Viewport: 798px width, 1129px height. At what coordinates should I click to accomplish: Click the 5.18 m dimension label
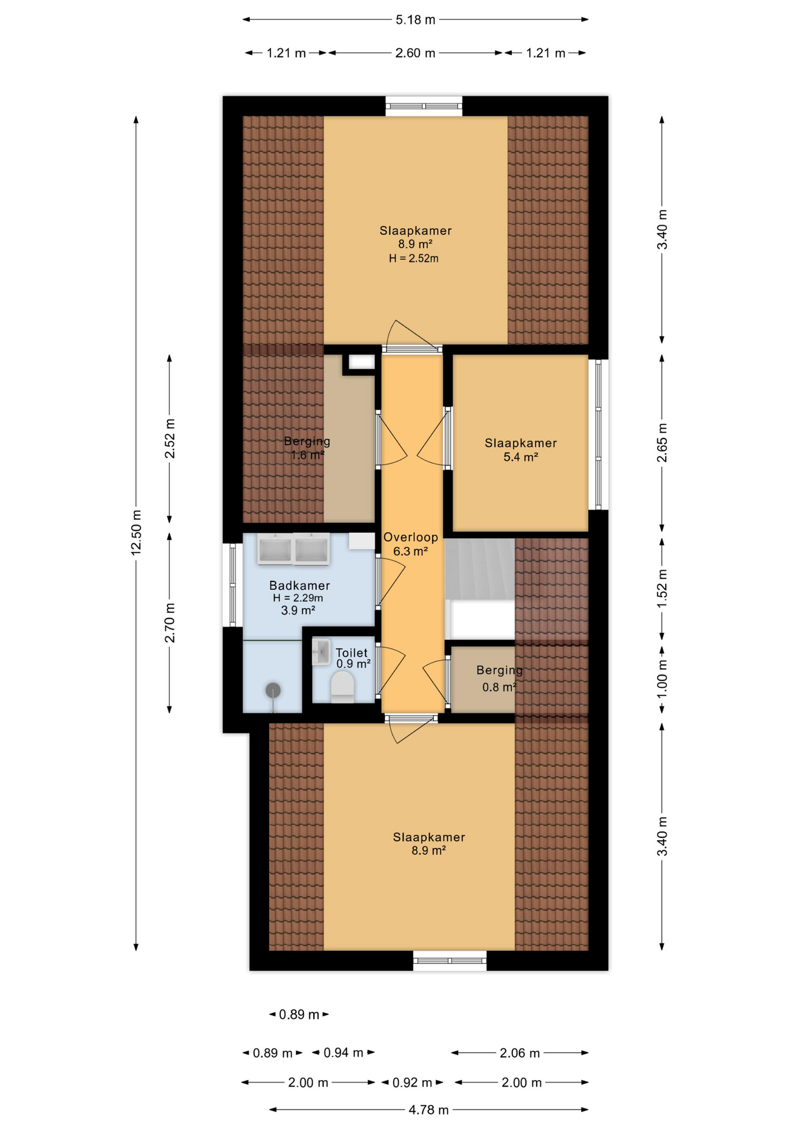[415, 20]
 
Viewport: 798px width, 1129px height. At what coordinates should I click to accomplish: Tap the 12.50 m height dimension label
[136, 533]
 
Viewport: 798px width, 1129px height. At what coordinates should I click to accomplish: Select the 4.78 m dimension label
[428, 1110]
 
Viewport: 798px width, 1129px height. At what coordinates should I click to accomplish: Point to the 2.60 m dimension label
[415, 54]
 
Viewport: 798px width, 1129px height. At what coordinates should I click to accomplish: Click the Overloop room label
[410, 537]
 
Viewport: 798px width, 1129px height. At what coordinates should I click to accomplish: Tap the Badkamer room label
[299, 586]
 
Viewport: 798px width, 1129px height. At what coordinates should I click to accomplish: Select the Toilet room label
[351, 653]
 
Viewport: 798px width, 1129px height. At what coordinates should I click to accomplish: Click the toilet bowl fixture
[343, 687]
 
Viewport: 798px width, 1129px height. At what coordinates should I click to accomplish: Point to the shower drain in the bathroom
[273, 690]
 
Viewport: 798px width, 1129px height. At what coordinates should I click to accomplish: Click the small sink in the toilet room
[321, 652]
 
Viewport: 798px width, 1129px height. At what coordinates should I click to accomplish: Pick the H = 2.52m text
[414, 259]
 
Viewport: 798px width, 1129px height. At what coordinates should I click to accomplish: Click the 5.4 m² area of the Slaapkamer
[521, 457]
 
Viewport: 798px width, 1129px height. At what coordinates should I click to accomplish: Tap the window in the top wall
[424, 106]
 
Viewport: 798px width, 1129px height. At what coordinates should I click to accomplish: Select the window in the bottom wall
[450, 961]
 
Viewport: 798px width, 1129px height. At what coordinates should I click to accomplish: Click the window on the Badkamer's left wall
[233, 585]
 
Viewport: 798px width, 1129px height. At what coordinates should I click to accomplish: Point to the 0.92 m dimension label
[412, 1083]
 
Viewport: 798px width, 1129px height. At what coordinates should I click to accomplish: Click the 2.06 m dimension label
[519, 1053]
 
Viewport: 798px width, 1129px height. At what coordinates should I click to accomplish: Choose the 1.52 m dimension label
[662, 589]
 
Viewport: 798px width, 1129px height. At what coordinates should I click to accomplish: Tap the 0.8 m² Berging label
[499, 687]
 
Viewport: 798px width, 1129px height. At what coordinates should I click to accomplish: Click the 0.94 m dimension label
[343, 1053]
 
